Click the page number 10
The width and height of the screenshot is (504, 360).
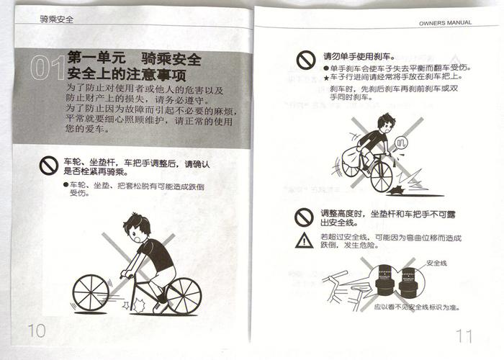[x=36, y=330]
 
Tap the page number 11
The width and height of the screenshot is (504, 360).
[x=464, y=335]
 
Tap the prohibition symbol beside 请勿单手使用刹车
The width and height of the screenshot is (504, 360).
[x=306, y=59]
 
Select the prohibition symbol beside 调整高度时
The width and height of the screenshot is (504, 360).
[x=305, y=216]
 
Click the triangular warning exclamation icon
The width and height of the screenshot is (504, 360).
[x=305, y=240]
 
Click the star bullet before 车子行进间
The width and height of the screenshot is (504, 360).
[x=325, y=77]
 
